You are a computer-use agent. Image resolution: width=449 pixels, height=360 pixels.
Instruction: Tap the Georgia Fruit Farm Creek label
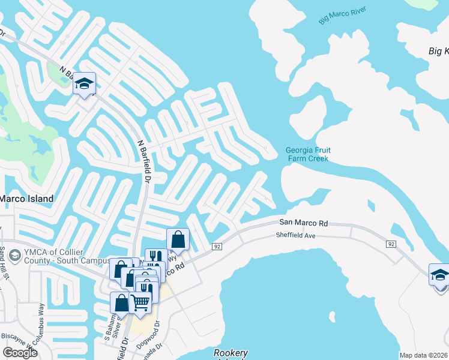click(x=307, y=154)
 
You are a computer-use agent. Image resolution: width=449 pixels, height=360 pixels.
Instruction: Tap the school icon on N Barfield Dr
click(x=85, y=85)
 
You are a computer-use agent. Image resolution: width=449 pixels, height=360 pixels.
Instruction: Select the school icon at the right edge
click(x=439, y=275)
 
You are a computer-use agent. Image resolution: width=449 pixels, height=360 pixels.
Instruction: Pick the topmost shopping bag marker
click(x=178, y=239)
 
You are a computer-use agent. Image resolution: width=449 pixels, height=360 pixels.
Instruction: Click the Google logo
click(x=20, y=353)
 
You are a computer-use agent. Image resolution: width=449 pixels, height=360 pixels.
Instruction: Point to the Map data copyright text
click(x=424, y=355)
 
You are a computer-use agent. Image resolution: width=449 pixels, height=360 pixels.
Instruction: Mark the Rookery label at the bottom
click(x=231, y=353)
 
